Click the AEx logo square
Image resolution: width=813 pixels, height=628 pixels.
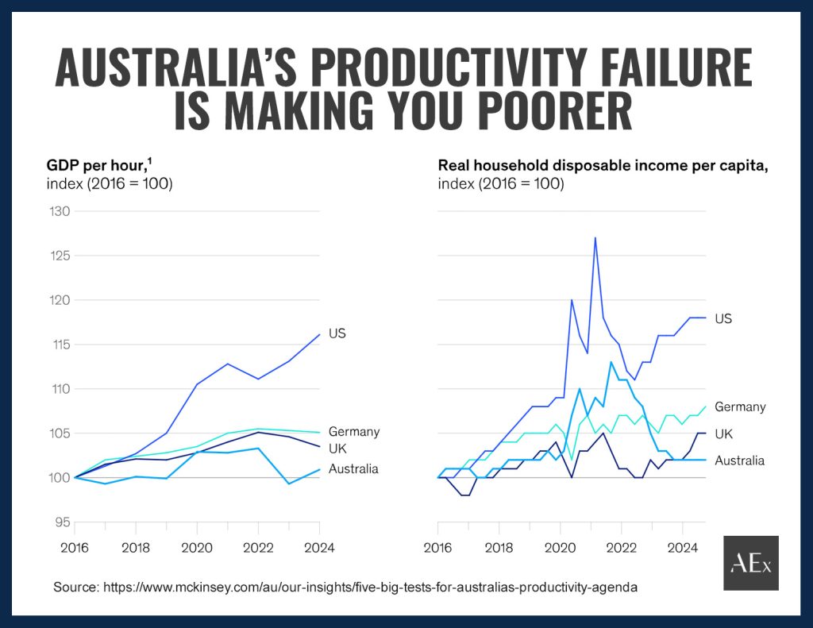[750, 563]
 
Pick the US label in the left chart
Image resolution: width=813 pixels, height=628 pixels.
[337, 333]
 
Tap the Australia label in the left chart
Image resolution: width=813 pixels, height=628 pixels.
[353, 468]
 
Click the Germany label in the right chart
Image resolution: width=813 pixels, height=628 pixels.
[740, 406]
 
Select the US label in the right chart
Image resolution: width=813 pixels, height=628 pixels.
[722, 318]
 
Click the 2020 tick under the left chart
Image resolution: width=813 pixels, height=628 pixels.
[197, 547]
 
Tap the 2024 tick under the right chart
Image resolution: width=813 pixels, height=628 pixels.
[682, 547]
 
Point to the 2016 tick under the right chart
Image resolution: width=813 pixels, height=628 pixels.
[438, 547]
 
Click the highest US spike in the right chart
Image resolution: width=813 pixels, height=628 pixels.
[595, 237]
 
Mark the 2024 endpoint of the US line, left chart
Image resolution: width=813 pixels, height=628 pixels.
[320, 334]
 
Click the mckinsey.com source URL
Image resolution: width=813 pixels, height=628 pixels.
[368, 588]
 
